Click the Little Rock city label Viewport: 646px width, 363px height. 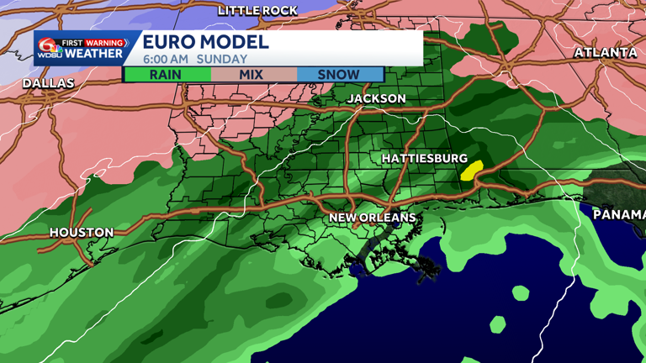click(x=257, y=10)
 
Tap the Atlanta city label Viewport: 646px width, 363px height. click(x=606, y=52)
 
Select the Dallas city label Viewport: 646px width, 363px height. click(x=48, y=83)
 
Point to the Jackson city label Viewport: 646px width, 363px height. click(x=377, y=98)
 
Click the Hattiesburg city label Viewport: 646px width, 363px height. click(x=424, y=158)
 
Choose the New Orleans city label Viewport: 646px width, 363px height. click(x=372, y=218)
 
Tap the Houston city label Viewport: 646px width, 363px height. click(x=82, y=232)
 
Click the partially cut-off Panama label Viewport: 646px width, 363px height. click(x=619, y=214)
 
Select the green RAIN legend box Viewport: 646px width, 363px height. click(x=166, y=74)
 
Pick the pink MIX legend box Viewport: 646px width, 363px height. click(x=252, y=74)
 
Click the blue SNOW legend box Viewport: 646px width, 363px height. click(x=339, y=74)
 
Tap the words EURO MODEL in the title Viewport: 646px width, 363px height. click(x=205, y=42)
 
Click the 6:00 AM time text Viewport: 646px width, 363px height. click(x=166, y=60)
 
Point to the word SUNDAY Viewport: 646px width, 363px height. click(x=222, y=60)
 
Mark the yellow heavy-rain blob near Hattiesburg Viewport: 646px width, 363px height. click(x=471, y=170)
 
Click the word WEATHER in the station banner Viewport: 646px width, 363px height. click(x=93, y=54)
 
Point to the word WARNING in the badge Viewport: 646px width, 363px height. click(x=104, y=43)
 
